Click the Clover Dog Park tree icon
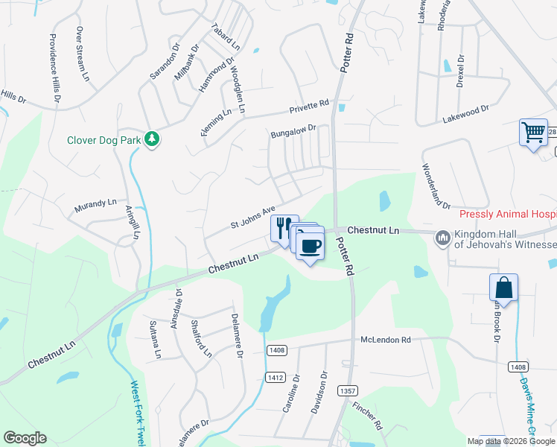152,139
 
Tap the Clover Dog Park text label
104,139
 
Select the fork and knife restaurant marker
283,226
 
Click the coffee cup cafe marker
311,245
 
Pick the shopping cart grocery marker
533,133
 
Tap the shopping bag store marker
503,288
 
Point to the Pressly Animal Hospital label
507,215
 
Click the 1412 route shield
275,378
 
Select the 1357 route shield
347,390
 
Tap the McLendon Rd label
386,340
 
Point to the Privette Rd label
309,107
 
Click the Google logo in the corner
25,438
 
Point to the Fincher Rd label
368,418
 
